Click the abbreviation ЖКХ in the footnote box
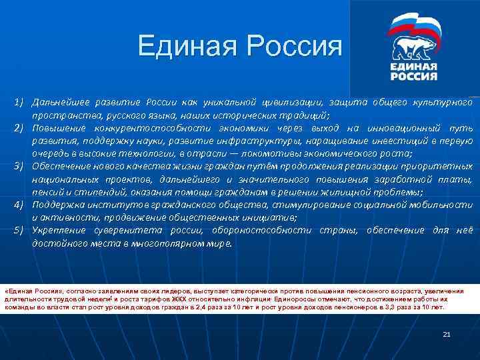pyautogui.click(x=194, y=299)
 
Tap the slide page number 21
pyautogui.click(x=447, y=334)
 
